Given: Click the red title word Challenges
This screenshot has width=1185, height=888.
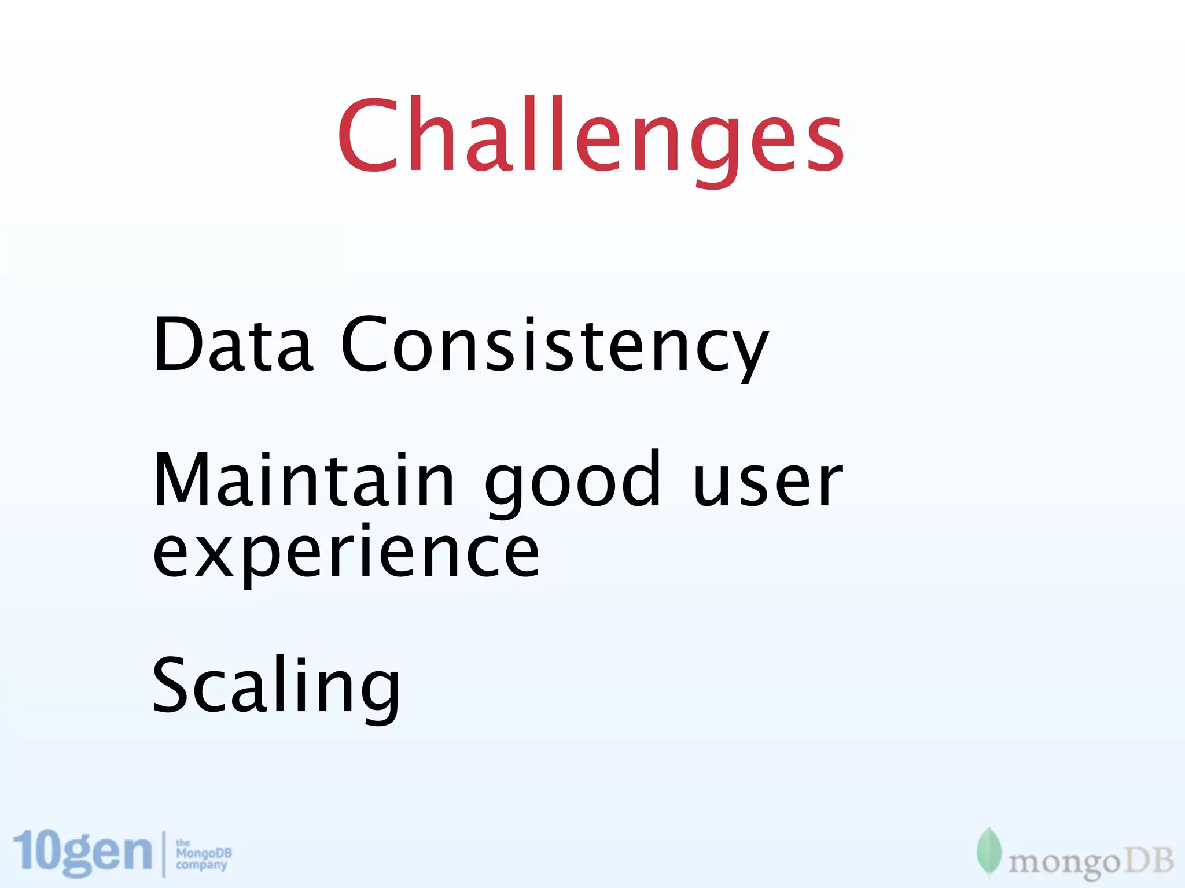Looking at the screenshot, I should pos(590,139).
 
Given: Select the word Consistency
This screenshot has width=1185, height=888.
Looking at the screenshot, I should pos(554,347).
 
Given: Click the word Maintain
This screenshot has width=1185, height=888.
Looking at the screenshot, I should pos(304,480).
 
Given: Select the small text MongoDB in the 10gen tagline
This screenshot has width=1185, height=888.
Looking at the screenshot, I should pos(204,853).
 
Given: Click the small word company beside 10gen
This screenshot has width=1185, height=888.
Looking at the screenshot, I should pos(201,865).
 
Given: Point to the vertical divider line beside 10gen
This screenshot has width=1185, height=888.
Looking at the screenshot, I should pos(164,853).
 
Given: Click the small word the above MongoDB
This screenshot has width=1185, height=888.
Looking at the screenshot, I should pos(182,843).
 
